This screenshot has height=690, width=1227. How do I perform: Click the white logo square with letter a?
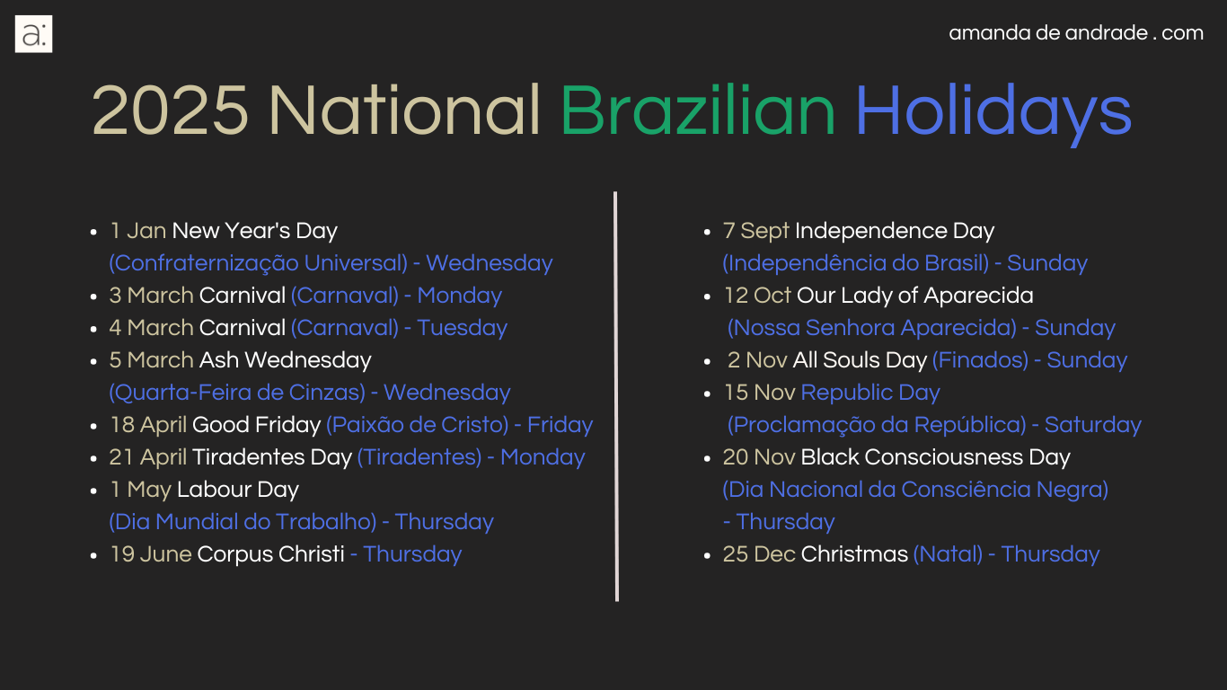(33, 34)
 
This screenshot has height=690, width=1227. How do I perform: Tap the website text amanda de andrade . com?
(1076, 33)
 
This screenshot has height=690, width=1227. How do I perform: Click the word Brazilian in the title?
(697, 111)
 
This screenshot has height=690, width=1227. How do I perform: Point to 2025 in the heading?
(171, 111)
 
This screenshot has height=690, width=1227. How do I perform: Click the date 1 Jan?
(138, 231)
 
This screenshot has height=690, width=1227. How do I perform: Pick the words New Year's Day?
(255, 231)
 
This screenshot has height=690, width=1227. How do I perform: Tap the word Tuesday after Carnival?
(463, 328)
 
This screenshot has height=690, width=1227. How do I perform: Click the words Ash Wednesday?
(286, 360)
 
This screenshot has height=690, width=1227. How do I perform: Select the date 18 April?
(148, 425)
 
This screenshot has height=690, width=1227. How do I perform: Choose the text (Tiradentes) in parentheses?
(419, 457)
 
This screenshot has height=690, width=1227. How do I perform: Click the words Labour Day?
(238, 490)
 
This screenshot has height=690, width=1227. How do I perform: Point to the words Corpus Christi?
(270, 554)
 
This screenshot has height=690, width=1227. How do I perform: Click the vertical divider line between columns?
(616, 396)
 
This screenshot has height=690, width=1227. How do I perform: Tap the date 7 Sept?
(756, 231)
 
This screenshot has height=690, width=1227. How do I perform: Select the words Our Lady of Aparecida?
(914, 296)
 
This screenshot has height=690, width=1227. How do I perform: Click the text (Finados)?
(981, 360)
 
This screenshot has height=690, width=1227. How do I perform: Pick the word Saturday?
(1093, 425)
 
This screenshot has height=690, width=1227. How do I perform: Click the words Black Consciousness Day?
(935, 457)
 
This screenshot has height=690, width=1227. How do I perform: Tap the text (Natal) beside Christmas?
(949, 554)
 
